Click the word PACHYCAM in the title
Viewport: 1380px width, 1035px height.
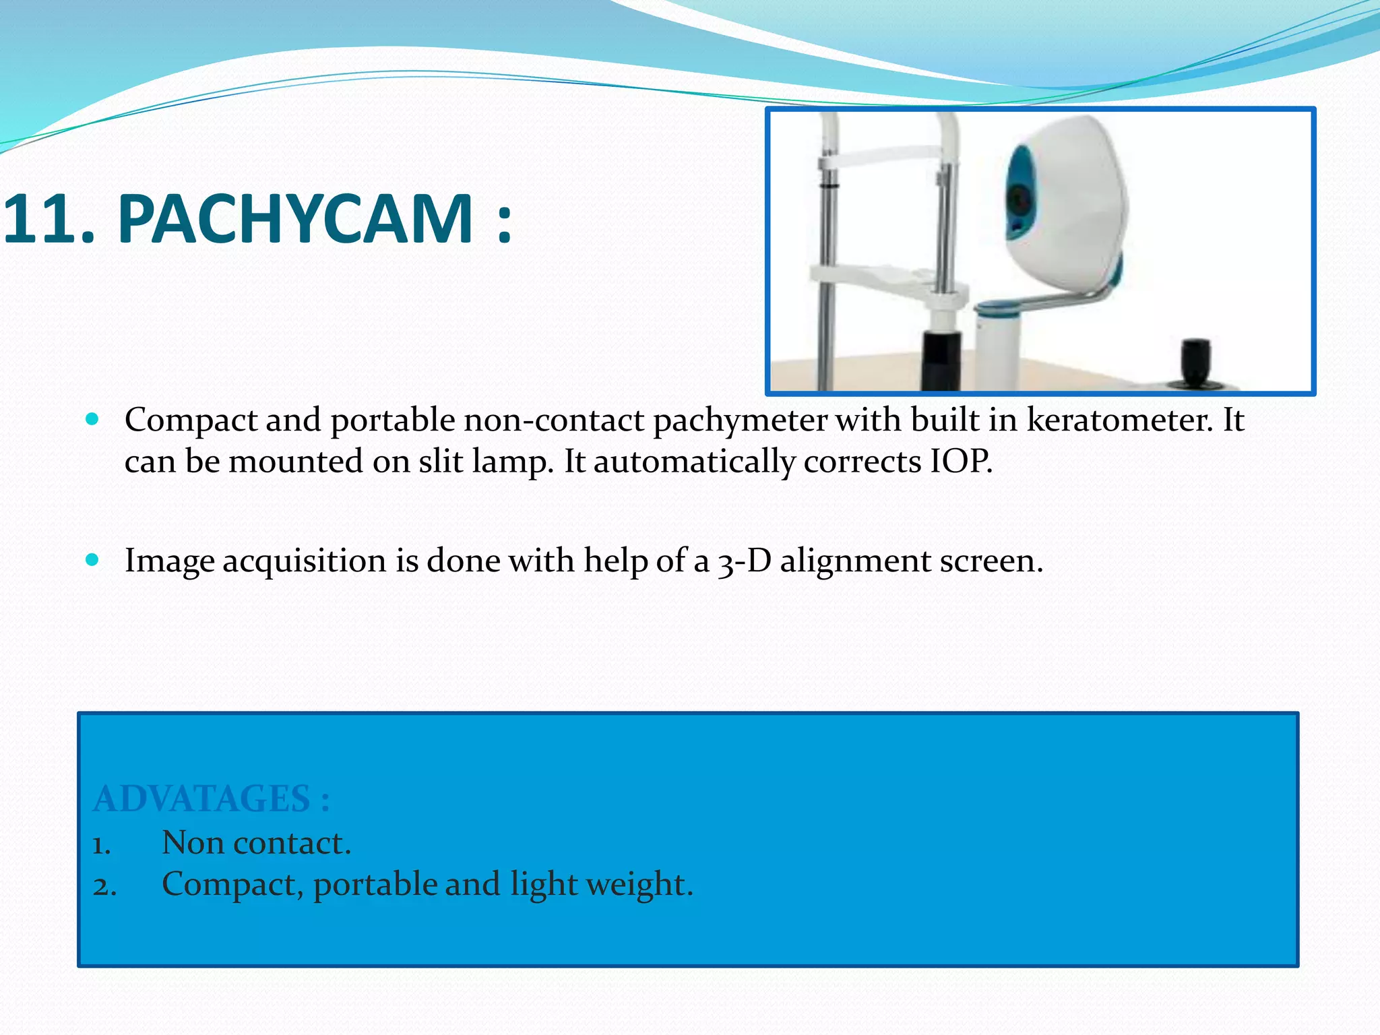[295, 219]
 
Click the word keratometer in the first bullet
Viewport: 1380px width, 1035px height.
[1119, 420]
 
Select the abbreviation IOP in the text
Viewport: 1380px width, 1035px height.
[961, 462]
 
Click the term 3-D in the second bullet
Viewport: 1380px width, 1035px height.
[744, 561]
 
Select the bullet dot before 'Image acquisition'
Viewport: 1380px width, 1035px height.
[93, 560]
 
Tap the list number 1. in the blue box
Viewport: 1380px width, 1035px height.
[102, 844]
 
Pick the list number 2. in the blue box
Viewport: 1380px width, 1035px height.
[104, 886]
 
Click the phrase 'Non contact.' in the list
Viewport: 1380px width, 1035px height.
[256, 843]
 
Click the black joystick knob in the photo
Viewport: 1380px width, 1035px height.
[1196, 362]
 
